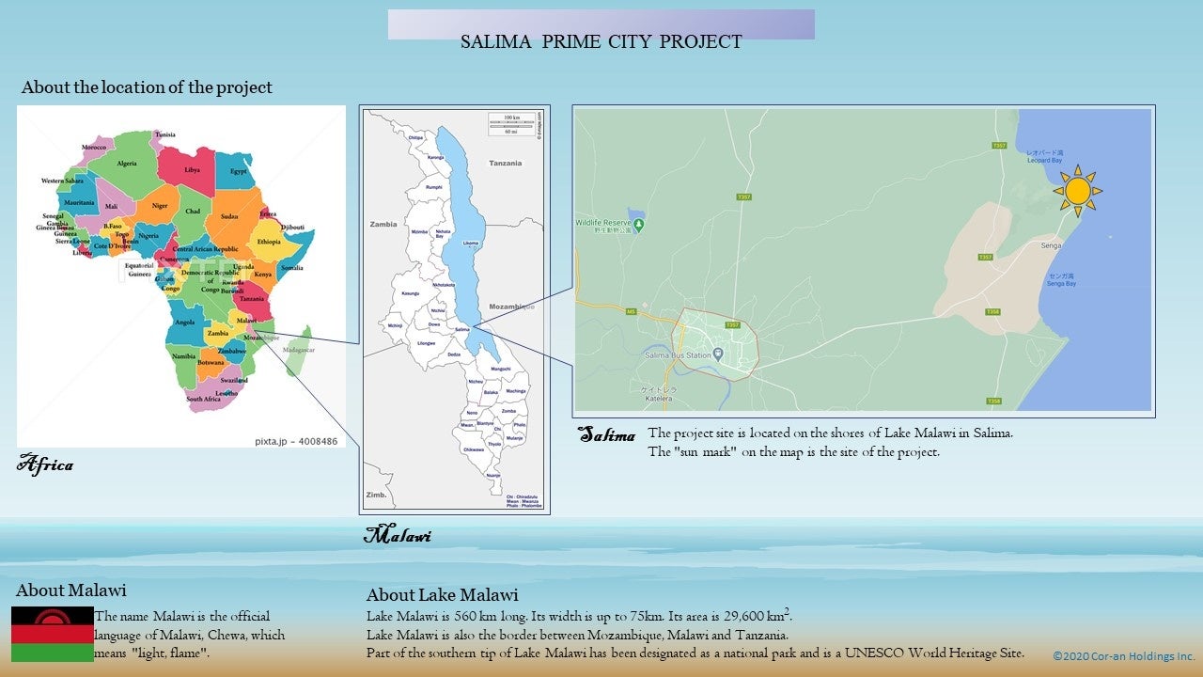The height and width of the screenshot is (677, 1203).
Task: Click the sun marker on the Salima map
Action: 1077,191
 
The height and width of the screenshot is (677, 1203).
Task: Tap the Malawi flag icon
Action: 53,634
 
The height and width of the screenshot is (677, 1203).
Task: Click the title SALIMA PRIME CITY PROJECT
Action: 601,41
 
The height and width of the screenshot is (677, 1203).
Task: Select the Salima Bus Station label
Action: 678,355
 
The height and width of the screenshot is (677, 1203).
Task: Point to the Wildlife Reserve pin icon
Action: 639,224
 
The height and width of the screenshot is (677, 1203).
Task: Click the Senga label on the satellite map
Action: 1051,245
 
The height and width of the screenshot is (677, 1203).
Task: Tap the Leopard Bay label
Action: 1043,160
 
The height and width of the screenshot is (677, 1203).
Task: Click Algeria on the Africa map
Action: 126,163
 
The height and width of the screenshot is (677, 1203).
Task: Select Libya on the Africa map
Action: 192,169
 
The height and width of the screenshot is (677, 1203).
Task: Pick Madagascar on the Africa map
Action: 300,349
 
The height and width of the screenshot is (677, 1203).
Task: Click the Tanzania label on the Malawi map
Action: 505,163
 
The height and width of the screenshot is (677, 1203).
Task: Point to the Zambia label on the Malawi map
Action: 383,225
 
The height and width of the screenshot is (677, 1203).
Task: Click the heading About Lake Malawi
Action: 442,595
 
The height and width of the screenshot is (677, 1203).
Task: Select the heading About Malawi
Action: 70,590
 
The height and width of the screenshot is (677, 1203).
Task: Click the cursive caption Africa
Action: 45,464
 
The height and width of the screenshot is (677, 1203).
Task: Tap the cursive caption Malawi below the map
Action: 397,536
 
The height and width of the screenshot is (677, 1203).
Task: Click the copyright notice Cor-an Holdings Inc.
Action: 1123,655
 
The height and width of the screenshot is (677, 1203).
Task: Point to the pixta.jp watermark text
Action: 295,440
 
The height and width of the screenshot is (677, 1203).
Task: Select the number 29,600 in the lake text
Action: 747,617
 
